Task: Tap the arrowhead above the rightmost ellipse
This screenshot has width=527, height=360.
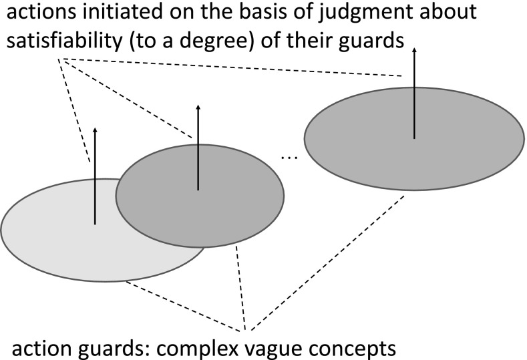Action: pos(414,51)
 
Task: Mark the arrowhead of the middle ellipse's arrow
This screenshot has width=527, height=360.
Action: pos(198,107)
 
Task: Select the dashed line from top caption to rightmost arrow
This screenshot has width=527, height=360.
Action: pos(234,67)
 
